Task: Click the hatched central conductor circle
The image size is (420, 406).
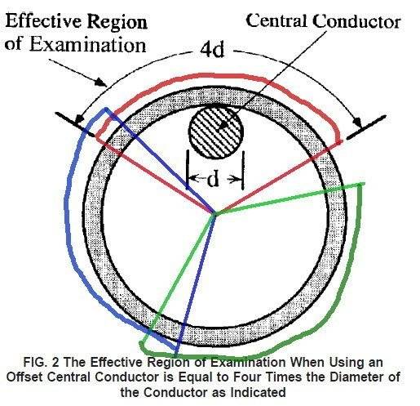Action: [x=216, y=132]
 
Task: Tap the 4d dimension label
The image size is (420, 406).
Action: [x=212, y=50]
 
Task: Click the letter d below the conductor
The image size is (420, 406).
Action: [x=213, y=179]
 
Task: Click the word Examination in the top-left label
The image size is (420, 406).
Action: [x=87, y=44]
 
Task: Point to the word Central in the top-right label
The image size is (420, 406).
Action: [x=276, y=20]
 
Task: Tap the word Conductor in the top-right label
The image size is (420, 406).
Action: [x=356, y=21]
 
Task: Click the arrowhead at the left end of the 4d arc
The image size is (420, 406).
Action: [x=79, y=118]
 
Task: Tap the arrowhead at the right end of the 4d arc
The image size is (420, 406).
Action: [x=358, y=122]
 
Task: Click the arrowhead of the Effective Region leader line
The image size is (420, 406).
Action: [x=101, y=82]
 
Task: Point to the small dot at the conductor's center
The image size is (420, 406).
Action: [x=223, y=125]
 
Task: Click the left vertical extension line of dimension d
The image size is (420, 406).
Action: [x=188, y=170]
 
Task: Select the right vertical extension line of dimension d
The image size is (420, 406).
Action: [x=243, y=170]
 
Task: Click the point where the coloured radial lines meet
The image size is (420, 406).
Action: [x=214, y=212]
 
